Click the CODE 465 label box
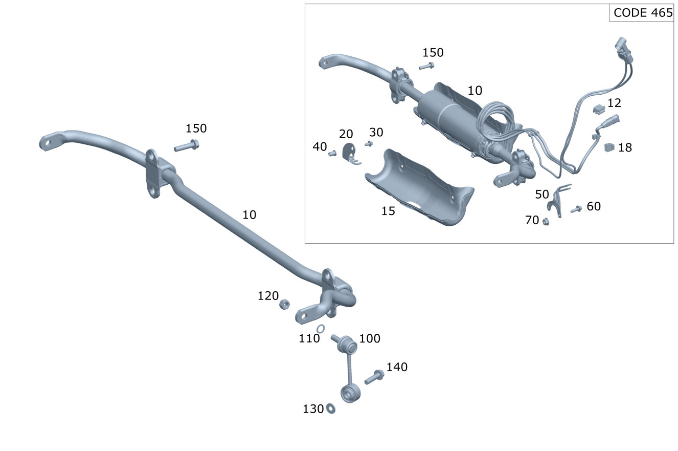pyautogui.click(x=641, y=13)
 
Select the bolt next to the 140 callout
pyautogui.click(x=374, y=377)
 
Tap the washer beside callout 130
pyautogui.click(x=331, y=409)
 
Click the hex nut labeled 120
pyautogui.click(x=284, y=304)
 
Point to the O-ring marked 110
pyautogui.click(x=321, y=329)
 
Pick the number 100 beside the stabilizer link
pyautogui.click(x=370, y=338)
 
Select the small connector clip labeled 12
pyautogui.click(x=599, y=109)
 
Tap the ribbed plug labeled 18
pyautogui.click(x=609, y=147)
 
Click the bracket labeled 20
pyautogui.click(x=350, y=154)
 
